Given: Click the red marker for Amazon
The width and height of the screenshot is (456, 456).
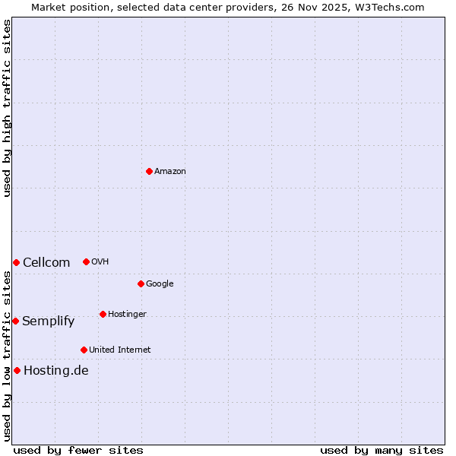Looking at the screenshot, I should click(149, 171).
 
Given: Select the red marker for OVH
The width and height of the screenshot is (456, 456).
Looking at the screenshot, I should click(86, 261).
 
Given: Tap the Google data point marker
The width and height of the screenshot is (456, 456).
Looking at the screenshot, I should click(141, 283).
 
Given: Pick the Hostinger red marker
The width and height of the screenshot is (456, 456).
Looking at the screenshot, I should click(103, 314).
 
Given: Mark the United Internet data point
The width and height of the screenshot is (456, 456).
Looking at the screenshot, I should click(84, 350).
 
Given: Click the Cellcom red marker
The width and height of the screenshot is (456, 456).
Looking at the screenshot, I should click(16, 262).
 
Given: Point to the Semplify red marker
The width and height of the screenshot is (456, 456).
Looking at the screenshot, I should click(15, 321).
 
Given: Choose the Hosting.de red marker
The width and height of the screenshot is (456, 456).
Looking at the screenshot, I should click(17, 370).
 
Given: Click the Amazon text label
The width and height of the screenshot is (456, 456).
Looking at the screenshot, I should click(170, 172).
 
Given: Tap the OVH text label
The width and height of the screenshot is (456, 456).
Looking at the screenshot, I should click(100, 262).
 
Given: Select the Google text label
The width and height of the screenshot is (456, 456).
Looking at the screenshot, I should click(160, 284).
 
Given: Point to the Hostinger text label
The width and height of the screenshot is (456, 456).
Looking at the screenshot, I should click(127, 315).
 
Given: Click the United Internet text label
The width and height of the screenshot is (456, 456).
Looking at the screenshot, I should click(119, 350).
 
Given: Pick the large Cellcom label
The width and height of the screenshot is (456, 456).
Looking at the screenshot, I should click(46, 263).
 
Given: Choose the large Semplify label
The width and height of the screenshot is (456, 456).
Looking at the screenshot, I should click(49, 321).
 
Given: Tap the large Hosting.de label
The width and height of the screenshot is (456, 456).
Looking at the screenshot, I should click(56, 371).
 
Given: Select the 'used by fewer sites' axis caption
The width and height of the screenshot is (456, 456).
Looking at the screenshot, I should click(78, 450).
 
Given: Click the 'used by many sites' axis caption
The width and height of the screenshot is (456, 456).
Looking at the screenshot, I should click(382, 450).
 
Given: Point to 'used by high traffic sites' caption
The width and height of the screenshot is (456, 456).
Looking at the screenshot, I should click(7, 108).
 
